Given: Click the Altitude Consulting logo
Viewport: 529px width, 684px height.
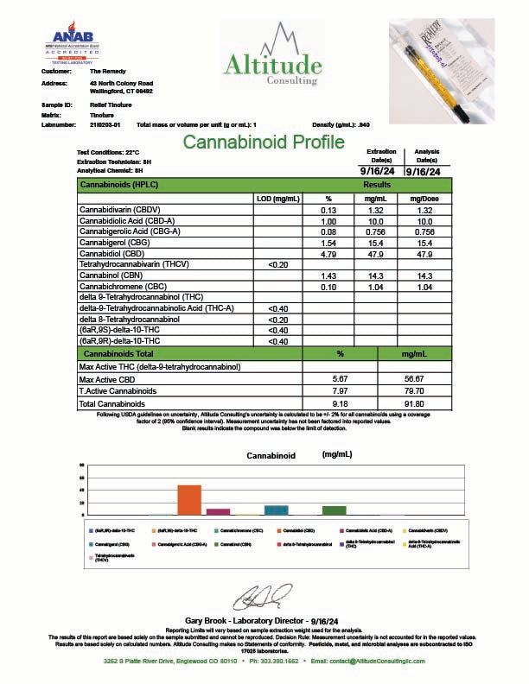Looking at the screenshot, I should [x=271, y=54].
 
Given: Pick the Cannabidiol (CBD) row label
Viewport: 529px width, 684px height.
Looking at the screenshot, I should [x=113, y=255].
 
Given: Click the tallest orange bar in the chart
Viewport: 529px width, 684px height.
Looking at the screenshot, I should [x=189, y=498].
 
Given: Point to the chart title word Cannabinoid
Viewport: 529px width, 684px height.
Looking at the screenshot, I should [x=271, y=454].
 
